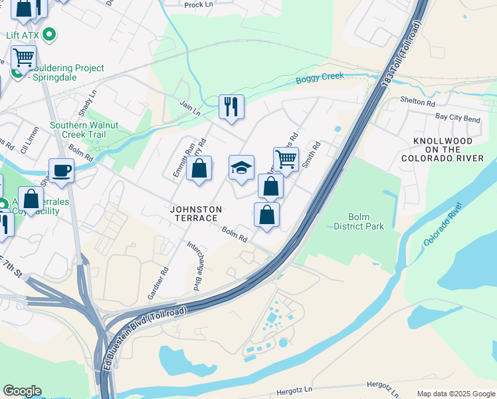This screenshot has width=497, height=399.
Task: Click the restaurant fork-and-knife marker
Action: point(231,106)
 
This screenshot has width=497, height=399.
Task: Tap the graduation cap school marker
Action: point(242,168)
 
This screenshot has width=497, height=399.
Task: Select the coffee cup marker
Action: point(61,170)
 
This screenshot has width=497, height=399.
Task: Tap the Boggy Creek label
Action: point(320,78)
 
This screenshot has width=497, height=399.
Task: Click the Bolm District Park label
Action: point(366,221)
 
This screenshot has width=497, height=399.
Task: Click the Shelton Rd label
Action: point(417,103)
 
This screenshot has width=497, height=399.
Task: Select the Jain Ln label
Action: point(190,107)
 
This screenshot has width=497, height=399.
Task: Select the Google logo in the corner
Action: point(22,391)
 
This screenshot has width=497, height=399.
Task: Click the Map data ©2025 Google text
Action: point(456,394)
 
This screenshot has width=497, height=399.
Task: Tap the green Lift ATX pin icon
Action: point(49,34)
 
